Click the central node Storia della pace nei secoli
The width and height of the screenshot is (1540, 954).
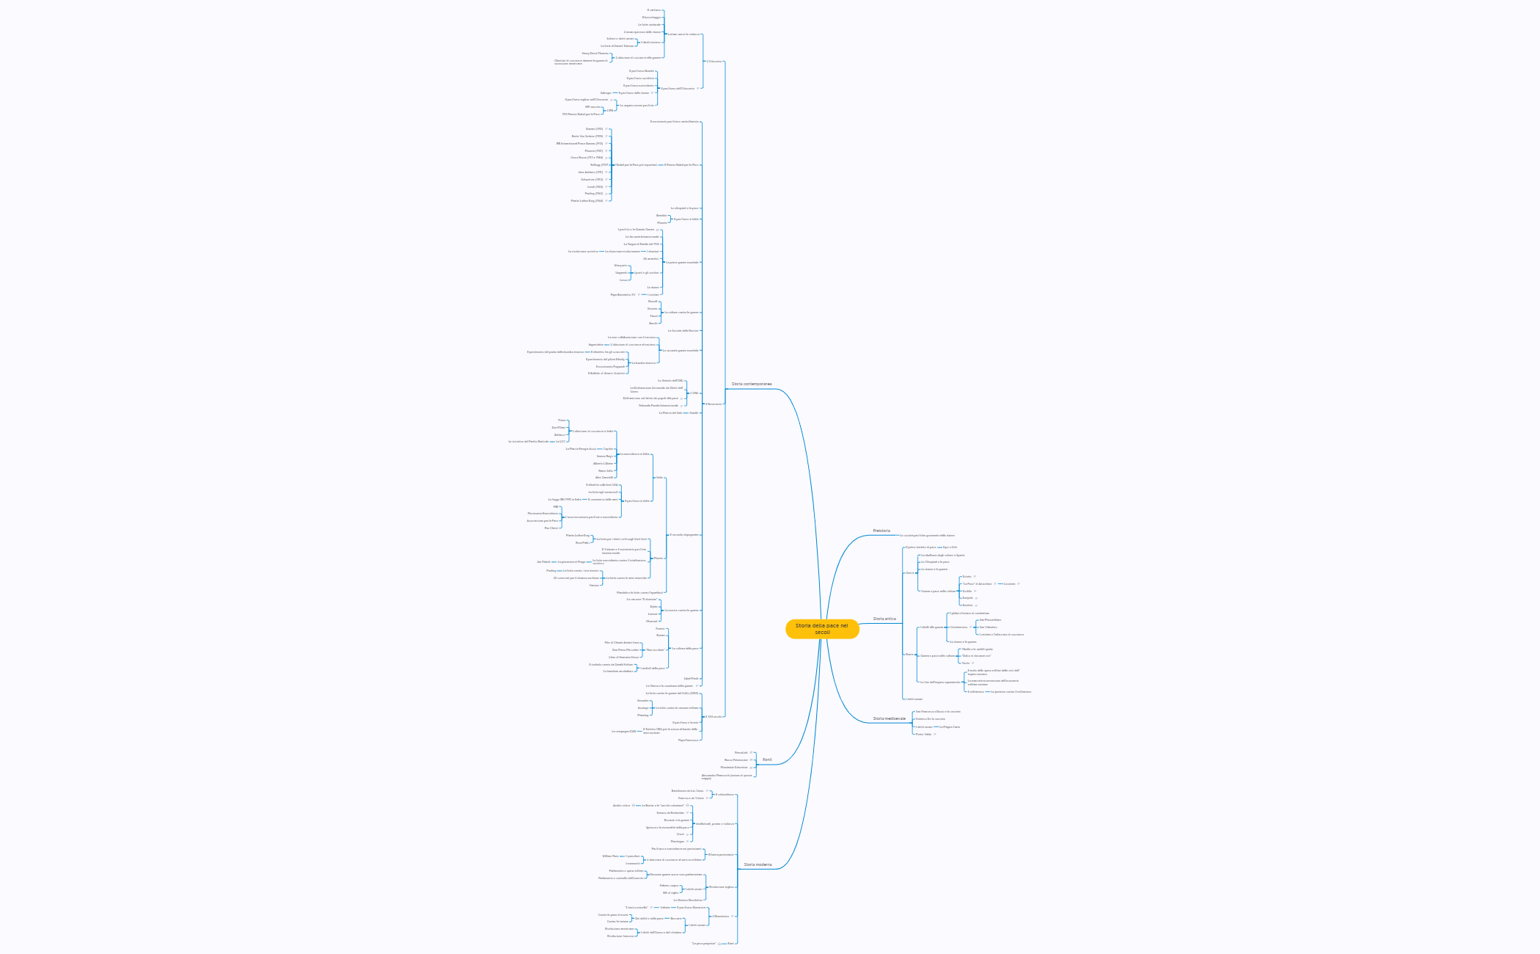click(821, 629)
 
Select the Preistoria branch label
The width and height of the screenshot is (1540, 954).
click(881, 531)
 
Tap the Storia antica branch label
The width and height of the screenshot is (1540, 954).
click(884, 619)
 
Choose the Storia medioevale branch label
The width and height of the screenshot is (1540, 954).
click(889, 718)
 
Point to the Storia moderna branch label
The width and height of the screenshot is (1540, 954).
click(758, 864)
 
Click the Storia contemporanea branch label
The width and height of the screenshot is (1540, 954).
click(751, 384)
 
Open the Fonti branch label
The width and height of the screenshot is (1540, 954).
click(767, 760)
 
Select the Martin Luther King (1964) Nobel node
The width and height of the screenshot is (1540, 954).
click(587, 200)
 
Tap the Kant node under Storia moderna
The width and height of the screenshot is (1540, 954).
click(730, 943)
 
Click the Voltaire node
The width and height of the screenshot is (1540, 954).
click(664, 907)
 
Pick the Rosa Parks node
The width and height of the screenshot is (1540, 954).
click(582, 542)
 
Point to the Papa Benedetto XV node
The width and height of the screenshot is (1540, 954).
click(623, 294)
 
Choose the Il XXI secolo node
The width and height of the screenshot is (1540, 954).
click(714, 716)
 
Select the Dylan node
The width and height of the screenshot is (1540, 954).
click(653, 606)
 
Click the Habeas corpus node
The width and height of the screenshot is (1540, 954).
click(669, 885)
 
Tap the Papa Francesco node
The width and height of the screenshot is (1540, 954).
click(688, 740)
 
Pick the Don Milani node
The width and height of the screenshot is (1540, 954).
click(559, 427)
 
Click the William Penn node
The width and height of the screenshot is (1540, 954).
click(610, 856)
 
